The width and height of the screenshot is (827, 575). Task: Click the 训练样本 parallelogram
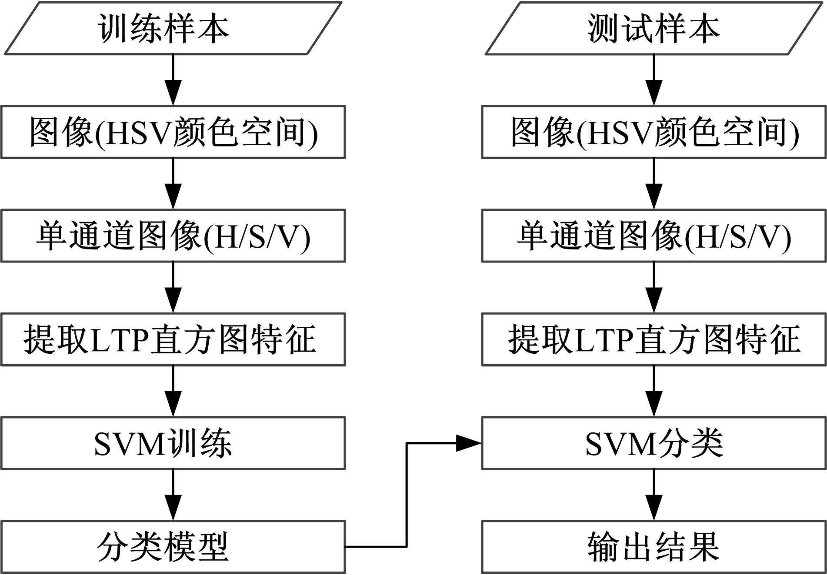pos(173,29)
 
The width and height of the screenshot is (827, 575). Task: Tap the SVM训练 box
pos(173,443)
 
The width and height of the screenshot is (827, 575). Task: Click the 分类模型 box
pos(173,547)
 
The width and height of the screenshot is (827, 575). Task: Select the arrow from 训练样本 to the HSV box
pos(173,80)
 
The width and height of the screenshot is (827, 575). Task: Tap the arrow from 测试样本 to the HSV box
pos(654,80)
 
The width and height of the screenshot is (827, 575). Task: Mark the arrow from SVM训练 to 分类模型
pos(173,495)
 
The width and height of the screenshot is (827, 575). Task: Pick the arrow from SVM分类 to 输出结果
pos(654,495)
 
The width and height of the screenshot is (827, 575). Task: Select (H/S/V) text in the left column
pos(257,237)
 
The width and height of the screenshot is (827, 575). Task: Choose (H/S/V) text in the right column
pos(738,237)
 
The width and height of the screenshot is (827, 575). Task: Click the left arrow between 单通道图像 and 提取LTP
pos(173,288)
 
